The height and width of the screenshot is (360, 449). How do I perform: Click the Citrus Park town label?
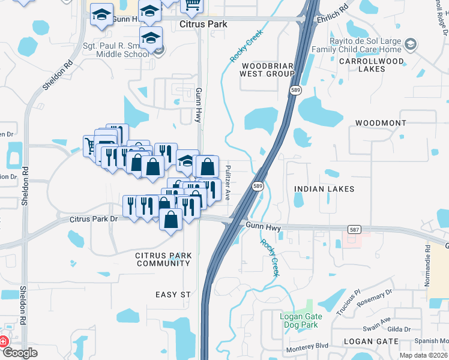click(204, 23)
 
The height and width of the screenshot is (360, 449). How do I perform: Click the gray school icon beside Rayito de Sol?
click(411, 44)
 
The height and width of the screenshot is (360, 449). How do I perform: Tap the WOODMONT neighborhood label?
click(381, 122)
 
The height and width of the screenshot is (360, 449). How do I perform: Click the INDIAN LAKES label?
click(324, 189)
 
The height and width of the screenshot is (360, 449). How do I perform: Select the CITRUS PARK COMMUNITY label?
click(164, 259)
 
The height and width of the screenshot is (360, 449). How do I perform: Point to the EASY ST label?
click(173, 295)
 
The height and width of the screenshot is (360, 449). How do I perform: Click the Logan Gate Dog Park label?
click(301, 321)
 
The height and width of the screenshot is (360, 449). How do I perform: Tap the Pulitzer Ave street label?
click(228, 177)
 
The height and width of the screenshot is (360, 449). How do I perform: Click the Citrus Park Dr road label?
click(93, 219)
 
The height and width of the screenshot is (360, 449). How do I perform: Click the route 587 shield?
click(355, 229)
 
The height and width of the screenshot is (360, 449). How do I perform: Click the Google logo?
click(20, 353)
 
